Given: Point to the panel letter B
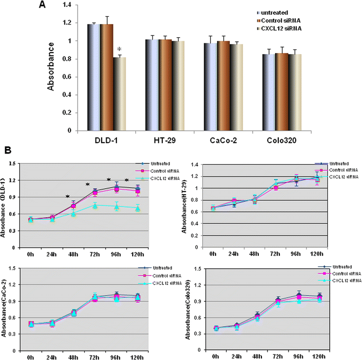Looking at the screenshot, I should tap(8, 150).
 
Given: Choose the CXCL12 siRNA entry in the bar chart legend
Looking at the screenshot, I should tap(282, 29).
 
